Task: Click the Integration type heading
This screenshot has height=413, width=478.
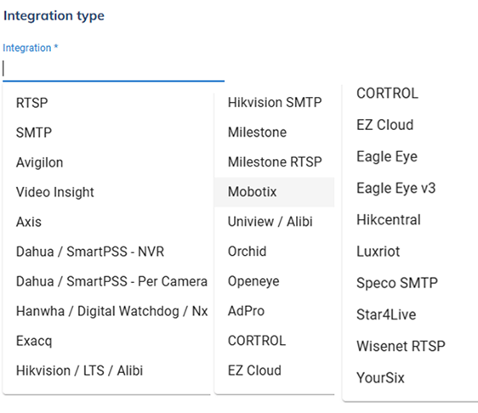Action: (54, 16)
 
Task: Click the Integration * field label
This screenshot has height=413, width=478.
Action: (30, 48)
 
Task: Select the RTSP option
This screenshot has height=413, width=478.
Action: (32, 103)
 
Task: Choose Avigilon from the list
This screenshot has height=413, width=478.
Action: (40, 162)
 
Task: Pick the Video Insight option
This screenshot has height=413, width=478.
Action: (55, 192)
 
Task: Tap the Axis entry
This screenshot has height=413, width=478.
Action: (29, 222)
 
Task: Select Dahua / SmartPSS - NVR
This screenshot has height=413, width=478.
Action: (90, 252)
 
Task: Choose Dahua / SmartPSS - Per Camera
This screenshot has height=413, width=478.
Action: (111, 281)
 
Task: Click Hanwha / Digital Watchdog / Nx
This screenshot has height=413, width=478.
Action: (112, 311)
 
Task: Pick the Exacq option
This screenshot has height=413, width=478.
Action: (34, 341)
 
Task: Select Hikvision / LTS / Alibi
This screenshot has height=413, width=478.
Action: (79, 371)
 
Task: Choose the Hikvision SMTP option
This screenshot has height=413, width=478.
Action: (275, 102)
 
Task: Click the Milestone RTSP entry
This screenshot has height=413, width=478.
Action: (275, 161)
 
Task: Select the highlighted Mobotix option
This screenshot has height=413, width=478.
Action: (252, 192)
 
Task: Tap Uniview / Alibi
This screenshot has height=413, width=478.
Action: (270, 222)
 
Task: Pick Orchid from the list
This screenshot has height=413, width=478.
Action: (247, 252)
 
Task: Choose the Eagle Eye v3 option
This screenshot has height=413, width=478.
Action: (396, 188)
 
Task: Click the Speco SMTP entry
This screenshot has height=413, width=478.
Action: (397, 283)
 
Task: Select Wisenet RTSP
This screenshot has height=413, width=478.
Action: (401, 346)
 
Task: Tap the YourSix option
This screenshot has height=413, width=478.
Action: (380, 377)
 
